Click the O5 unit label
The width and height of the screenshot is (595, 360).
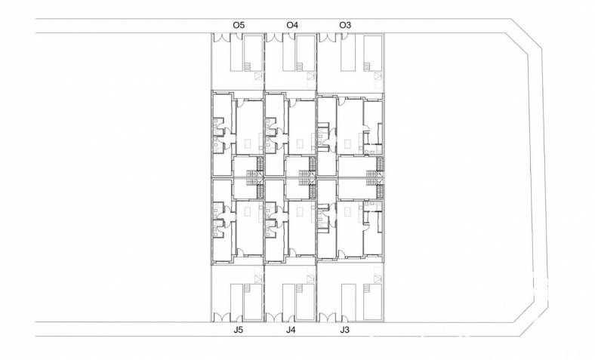(239, 25)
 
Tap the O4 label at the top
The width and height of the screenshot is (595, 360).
(292, 25)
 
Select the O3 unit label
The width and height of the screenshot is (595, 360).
(345, 25)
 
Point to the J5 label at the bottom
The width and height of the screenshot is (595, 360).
(238, 330)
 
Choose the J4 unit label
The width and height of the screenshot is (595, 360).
(291, 330)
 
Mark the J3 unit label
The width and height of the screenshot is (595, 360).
(344, 330)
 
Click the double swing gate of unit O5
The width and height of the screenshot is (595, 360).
(221, 38)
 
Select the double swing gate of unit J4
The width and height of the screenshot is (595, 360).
(274, 318)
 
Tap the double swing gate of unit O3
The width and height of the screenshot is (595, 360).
(328, 38)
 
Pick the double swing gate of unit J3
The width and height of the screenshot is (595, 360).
(328, 318)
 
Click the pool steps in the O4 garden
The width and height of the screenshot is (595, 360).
(300, 66)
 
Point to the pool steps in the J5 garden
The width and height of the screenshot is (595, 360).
(248, 288)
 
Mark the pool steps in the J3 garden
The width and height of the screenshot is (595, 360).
(367, 288)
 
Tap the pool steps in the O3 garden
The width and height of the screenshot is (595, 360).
(367, 66)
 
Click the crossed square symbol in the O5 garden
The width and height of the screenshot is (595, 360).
(258, 75)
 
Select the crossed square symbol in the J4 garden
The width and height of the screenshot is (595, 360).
(311, 279)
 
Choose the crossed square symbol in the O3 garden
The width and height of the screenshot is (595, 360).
(378, 75)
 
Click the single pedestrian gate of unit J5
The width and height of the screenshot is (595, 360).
(239, 318)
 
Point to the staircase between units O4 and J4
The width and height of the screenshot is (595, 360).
(308, 177)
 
